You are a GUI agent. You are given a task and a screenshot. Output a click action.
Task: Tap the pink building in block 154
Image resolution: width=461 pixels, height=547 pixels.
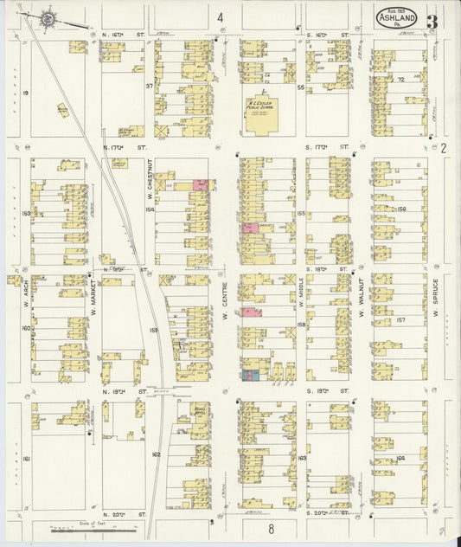tap(200, 185)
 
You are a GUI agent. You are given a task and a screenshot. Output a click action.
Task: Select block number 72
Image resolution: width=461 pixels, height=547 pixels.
tap(401, 79)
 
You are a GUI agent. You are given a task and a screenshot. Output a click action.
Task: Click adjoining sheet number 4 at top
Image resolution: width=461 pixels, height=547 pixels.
tap(221, 17)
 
